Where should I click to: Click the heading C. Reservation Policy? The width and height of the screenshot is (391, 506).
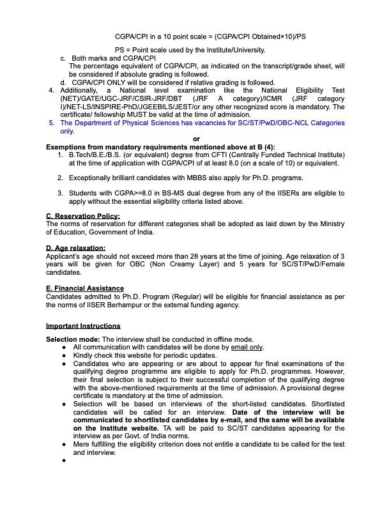(x=82, y=216)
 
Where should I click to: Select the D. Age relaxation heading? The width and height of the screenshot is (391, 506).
(x=76, y=248)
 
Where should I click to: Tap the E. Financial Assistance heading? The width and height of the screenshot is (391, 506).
(x=85, y=289)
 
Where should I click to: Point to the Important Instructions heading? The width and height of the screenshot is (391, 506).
(x=83, y=326)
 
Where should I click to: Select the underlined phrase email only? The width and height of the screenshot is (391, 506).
(x=247, y=347)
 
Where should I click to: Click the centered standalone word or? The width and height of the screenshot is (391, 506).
(x=196, y=139)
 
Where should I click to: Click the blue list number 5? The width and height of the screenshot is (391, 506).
(x=52, y=123)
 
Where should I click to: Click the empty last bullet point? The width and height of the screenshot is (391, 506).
(x=65, y=460)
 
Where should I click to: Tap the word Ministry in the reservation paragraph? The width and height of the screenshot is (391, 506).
(x=329, y=224)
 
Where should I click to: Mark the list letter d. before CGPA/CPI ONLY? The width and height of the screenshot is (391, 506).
(x=63, y=82)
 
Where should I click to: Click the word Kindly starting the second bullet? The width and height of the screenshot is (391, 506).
(x=84, y=355)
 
